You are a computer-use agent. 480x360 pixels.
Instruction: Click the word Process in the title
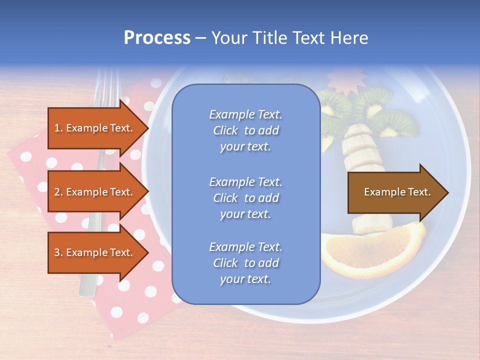[157, 37]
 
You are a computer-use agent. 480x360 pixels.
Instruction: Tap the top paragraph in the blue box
[245, 130]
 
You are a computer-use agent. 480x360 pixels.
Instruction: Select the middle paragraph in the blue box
[245, 198]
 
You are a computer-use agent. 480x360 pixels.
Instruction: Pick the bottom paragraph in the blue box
[245, 263]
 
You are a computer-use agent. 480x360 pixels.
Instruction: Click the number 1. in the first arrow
[58, 128]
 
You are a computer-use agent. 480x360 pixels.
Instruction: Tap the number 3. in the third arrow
[58, 252]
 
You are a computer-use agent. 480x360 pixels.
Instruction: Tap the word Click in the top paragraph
[225, 130]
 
